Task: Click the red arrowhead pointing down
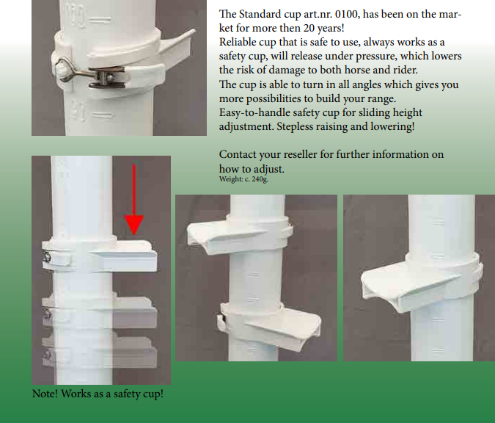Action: pos(134,224)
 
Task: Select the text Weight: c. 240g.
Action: pos(243,179)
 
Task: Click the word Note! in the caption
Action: pos(45,394)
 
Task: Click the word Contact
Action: pos(238,154)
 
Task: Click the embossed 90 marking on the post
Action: pos(78,111)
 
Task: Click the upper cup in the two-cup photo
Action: pos(240,236)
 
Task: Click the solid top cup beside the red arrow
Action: pos(100,256)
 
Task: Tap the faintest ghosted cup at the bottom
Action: pos(100,352)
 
